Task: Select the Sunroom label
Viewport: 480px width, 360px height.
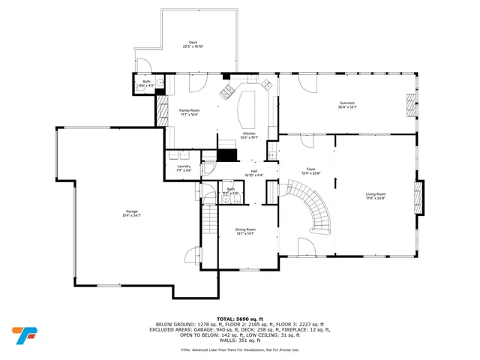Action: pos(346,104)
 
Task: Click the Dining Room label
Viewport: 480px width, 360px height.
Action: pos(246,231)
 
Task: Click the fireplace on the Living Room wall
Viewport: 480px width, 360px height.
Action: pos(419,196)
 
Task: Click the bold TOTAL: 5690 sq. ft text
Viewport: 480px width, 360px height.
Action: pos(239,318)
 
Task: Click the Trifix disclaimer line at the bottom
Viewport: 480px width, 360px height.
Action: pos(239,349)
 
